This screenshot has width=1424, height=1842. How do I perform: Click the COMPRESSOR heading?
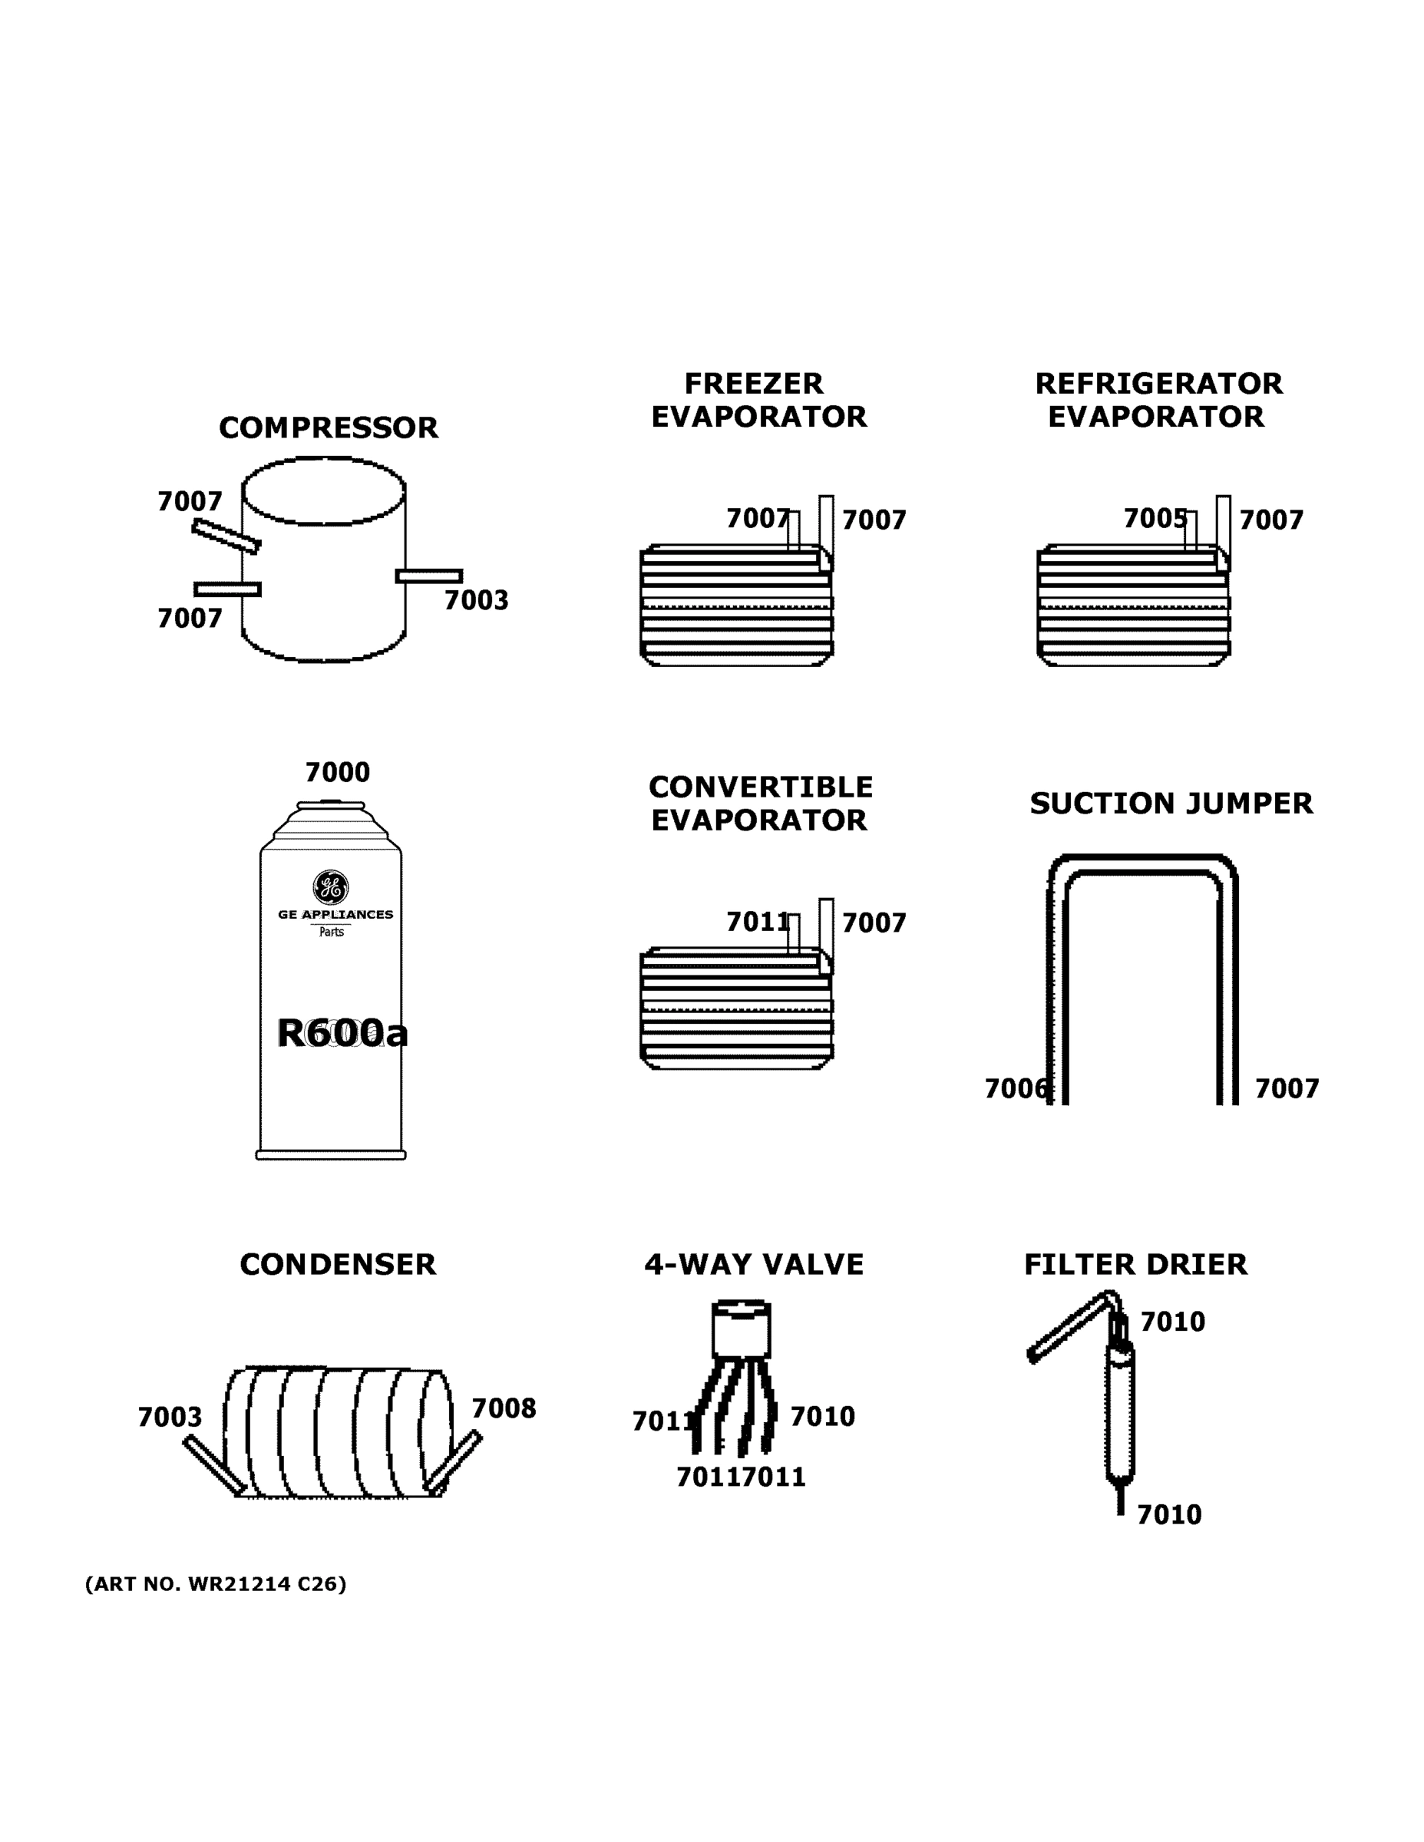click(328, 427)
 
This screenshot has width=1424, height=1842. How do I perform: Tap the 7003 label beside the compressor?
click(476, 600)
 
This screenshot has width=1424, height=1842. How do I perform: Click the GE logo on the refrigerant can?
click(331, 886)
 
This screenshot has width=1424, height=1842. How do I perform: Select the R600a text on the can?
click(342, 1033)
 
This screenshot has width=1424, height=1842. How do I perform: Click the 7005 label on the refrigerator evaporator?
click(1155, 519)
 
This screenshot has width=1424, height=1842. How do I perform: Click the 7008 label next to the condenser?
click(504, 1408)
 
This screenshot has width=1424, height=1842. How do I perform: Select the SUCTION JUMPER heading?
click(1171, 804)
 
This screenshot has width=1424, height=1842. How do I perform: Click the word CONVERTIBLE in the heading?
click(760, 787)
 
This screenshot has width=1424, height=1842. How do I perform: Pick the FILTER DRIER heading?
click(1135, 1265)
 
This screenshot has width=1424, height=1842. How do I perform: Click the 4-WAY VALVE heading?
click(753, 1265)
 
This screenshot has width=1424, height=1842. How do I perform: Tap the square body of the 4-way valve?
click(741, 1332)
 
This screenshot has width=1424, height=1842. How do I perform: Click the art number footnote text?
click(215, 1584)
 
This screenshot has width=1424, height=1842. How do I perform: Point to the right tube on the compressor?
click(428, 576)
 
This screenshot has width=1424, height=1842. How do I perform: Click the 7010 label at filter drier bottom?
click(1168, 1515)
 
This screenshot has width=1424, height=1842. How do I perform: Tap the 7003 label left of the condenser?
click(170, 1417)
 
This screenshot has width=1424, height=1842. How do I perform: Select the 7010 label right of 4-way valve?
click(821, 1417)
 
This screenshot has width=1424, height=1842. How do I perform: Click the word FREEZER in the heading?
click(752, 384)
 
